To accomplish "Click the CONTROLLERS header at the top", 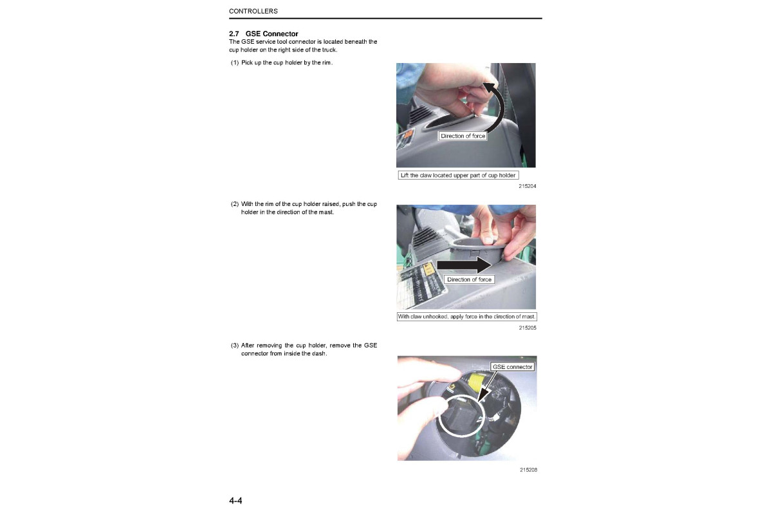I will (253, 12).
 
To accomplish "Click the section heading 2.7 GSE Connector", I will (264, 33).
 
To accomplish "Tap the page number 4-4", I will (235, 500).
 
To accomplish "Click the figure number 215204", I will (528, 186).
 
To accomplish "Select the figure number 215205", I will (528, 328).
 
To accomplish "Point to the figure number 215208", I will (528, 469).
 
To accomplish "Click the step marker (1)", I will (235, 62).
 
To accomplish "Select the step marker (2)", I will (235, 204).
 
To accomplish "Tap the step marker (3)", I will (235, 346).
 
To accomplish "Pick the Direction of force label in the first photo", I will (463, 136).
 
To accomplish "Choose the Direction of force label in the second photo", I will (469, 279).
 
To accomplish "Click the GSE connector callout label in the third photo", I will (512, 367).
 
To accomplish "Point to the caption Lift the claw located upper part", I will (458, 175).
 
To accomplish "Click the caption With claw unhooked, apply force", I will (466, 317).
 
